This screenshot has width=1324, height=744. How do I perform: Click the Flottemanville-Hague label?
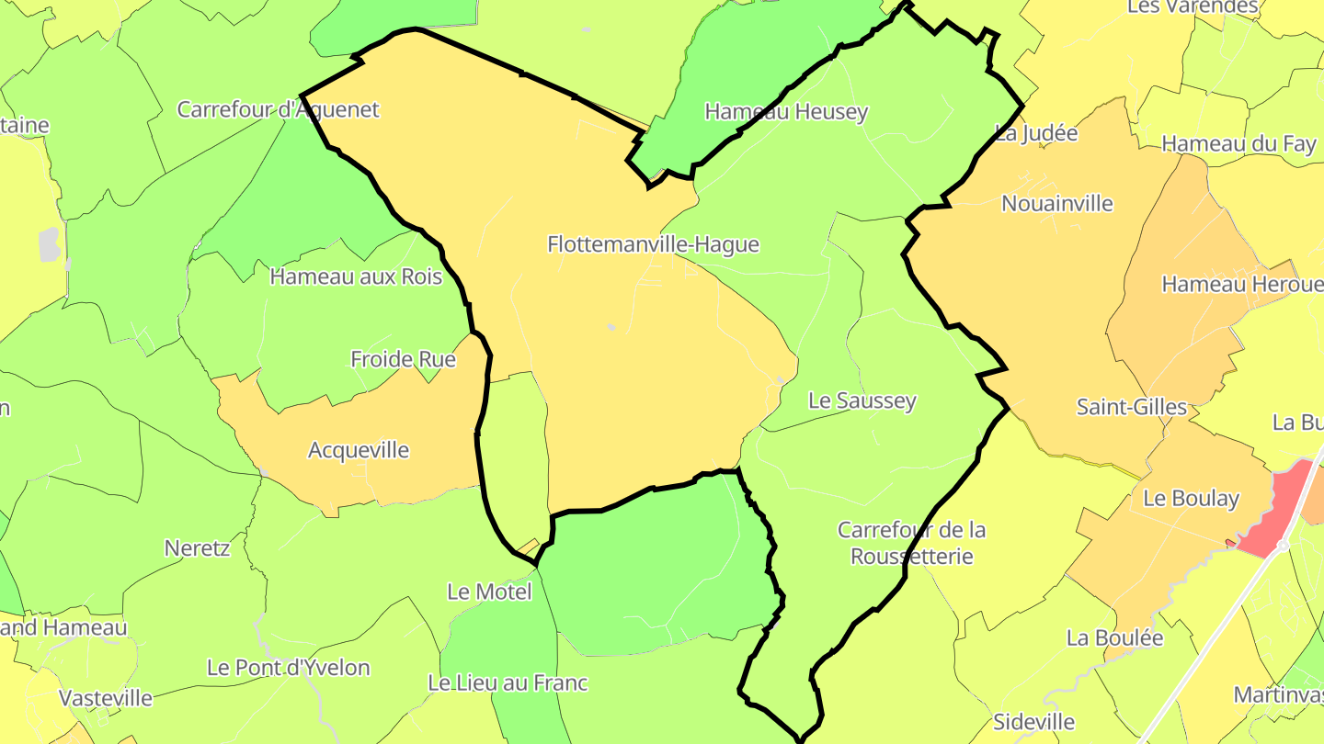(653, 244)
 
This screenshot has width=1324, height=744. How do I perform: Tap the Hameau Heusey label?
(786, 112)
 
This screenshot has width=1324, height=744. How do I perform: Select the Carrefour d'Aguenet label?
(278, 109)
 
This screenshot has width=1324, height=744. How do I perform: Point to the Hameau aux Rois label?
(356, 276)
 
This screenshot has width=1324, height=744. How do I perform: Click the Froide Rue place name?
(403, 359)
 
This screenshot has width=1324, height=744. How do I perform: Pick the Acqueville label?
(359, 450)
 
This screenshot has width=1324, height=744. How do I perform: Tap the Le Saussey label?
(862, 400)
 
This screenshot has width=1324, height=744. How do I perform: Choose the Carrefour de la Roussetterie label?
(911, 543)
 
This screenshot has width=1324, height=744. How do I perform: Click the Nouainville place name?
(1056, 203)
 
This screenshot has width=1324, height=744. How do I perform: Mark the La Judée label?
(1036, 133)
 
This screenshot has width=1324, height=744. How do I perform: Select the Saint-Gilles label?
(1131, 407)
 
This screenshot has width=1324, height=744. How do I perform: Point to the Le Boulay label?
(1191, 499)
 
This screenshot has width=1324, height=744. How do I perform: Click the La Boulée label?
(1114, 637)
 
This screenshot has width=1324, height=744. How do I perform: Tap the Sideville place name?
(1034, 722)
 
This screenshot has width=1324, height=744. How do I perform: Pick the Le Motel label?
(489, 592)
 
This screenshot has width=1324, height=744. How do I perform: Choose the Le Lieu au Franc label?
(508, 683)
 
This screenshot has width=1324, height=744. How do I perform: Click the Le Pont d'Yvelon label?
(288, 668)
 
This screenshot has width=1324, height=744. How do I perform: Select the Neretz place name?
(197, 548)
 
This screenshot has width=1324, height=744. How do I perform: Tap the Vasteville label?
(106, 698)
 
